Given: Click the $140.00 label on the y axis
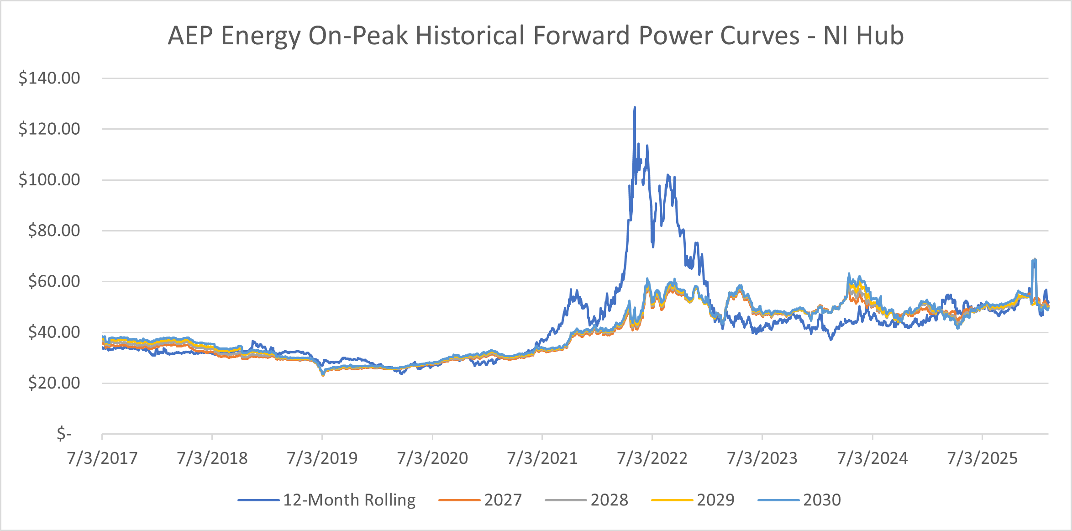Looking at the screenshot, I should coord(49,78).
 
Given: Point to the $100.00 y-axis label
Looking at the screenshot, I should coord(49,179).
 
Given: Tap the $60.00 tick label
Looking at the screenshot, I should coord(54,281).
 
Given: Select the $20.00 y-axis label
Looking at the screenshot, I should coord(54,383).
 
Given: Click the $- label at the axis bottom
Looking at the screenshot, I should coord(64,433).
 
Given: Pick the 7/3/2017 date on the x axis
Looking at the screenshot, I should coord(102,458).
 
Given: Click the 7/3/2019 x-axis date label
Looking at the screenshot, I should coord(322,458).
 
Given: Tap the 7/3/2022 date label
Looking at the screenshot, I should coord(652,458).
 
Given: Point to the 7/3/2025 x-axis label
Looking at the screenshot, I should coord(983,458).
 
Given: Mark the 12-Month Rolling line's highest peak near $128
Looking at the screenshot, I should coord(635,108).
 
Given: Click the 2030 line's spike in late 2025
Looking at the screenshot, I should coord(1034,260).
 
